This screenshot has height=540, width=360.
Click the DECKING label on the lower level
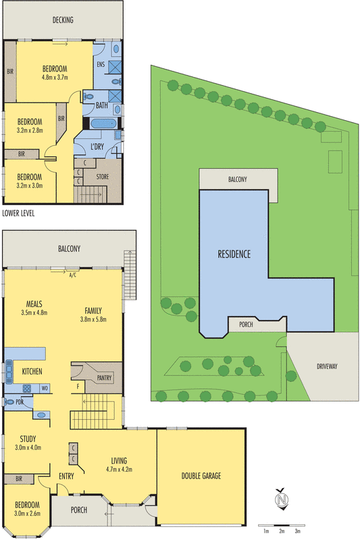pos(63,20)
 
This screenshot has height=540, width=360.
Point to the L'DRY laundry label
pos(97,146)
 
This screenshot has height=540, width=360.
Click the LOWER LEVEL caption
pos(18,213)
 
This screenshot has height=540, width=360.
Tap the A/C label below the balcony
pos(72,274)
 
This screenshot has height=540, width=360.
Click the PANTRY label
pos(104,378)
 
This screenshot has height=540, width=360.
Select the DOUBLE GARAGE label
pos(201,475)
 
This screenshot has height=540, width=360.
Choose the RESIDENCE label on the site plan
pos(234,254)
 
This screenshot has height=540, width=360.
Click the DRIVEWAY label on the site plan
pos(326,367)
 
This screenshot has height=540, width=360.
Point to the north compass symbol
pos(282,500)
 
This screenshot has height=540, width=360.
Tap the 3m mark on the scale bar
pos(297,532)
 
